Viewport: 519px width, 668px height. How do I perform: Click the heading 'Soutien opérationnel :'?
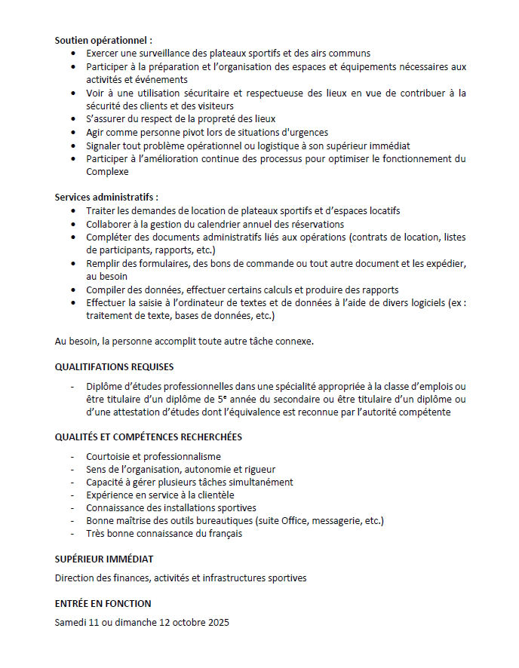point(103,40)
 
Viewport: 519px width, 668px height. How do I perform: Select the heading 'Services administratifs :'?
point(106,197)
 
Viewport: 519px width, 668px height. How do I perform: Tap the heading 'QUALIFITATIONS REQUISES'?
point(114,367)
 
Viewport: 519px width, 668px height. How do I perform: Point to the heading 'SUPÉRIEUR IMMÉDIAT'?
point(104,559)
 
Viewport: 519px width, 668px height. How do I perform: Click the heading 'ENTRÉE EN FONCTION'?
point(103,604)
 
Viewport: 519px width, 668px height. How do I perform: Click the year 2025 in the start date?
point(217,624)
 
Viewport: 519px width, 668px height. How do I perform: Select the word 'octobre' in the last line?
point(186,624)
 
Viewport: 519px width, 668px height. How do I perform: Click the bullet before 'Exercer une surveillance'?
point(72,54)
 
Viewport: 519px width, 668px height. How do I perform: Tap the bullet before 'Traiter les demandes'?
point(72,211)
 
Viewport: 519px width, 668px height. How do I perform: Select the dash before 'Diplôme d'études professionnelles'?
point(72,387)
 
